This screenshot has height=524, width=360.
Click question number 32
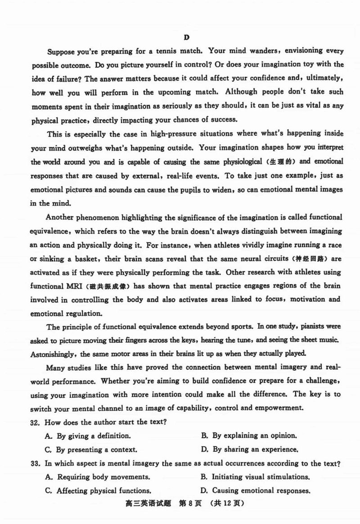[37, 422]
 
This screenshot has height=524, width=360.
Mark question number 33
[37, 463]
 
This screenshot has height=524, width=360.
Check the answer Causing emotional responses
[261, 490]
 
